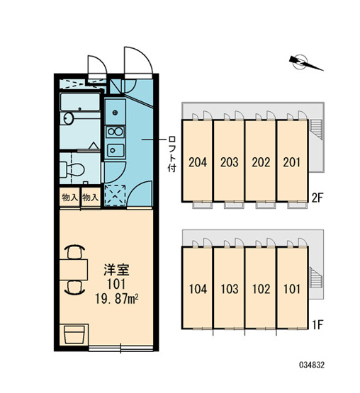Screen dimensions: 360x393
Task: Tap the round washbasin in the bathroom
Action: pyautogui.click(x=68, y=118)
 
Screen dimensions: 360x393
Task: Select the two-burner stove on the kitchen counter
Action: pyautogui.click(x=115, y=132)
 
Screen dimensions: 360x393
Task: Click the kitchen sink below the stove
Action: pyautogui.click(x=116, y=150)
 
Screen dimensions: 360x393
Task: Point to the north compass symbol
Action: pyautogui.click(x=305, y=62)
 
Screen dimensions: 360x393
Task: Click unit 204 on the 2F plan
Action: pyautogui.click(x=198, y=162)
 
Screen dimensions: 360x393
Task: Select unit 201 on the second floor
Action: pyautogui.click(x=292, y=162)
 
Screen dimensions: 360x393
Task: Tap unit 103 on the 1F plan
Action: pyautogui.click(x=230, y=289)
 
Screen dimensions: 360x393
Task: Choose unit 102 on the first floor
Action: pyautogui.click(x=261, y=289)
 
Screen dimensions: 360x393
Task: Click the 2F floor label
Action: pyautogui.click(x=317, y=198)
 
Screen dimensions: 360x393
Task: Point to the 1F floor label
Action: pyautogui.click(x=317, y=325)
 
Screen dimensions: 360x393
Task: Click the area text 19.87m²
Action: pyautogui.click(x=117, y=299)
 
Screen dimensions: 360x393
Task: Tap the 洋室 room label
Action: pyautogui.click(x=117, y=270)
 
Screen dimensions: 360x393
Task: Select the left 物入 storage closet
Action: pyautogui.click(x=69, y=198)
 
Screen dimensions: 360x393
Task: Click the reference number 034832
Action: pyautogui.click(x=312, y=365)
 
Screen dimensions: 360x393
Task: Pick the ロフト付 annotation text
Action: pyautogui.click(x=172, y=154)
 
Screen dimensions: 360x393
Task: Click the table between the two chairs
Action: pyautogui.click(x=74, y=270)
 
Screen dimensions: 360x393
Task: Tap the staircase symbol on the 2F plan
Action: pyautogui.click(x=316, y=129)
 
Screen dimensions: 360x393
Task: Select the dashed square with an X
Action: pyautogui.click(x=115, y=195)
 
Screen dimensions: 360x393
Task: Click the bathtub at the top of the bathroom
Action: pyautogui.click(x=80, y=102)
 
